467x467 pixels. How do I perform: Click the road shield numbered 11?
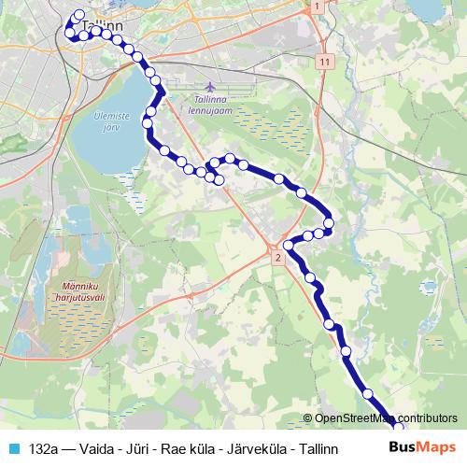[324, 61]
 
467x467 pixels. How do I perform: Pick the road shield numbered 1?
[318, 7]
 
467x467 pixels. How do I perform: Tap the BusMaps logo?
[422, 447]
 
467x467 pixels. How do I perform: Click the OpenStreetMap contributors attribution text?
[385, 419]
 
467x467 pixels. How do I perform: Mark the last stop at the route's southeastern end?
[398, 428]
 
